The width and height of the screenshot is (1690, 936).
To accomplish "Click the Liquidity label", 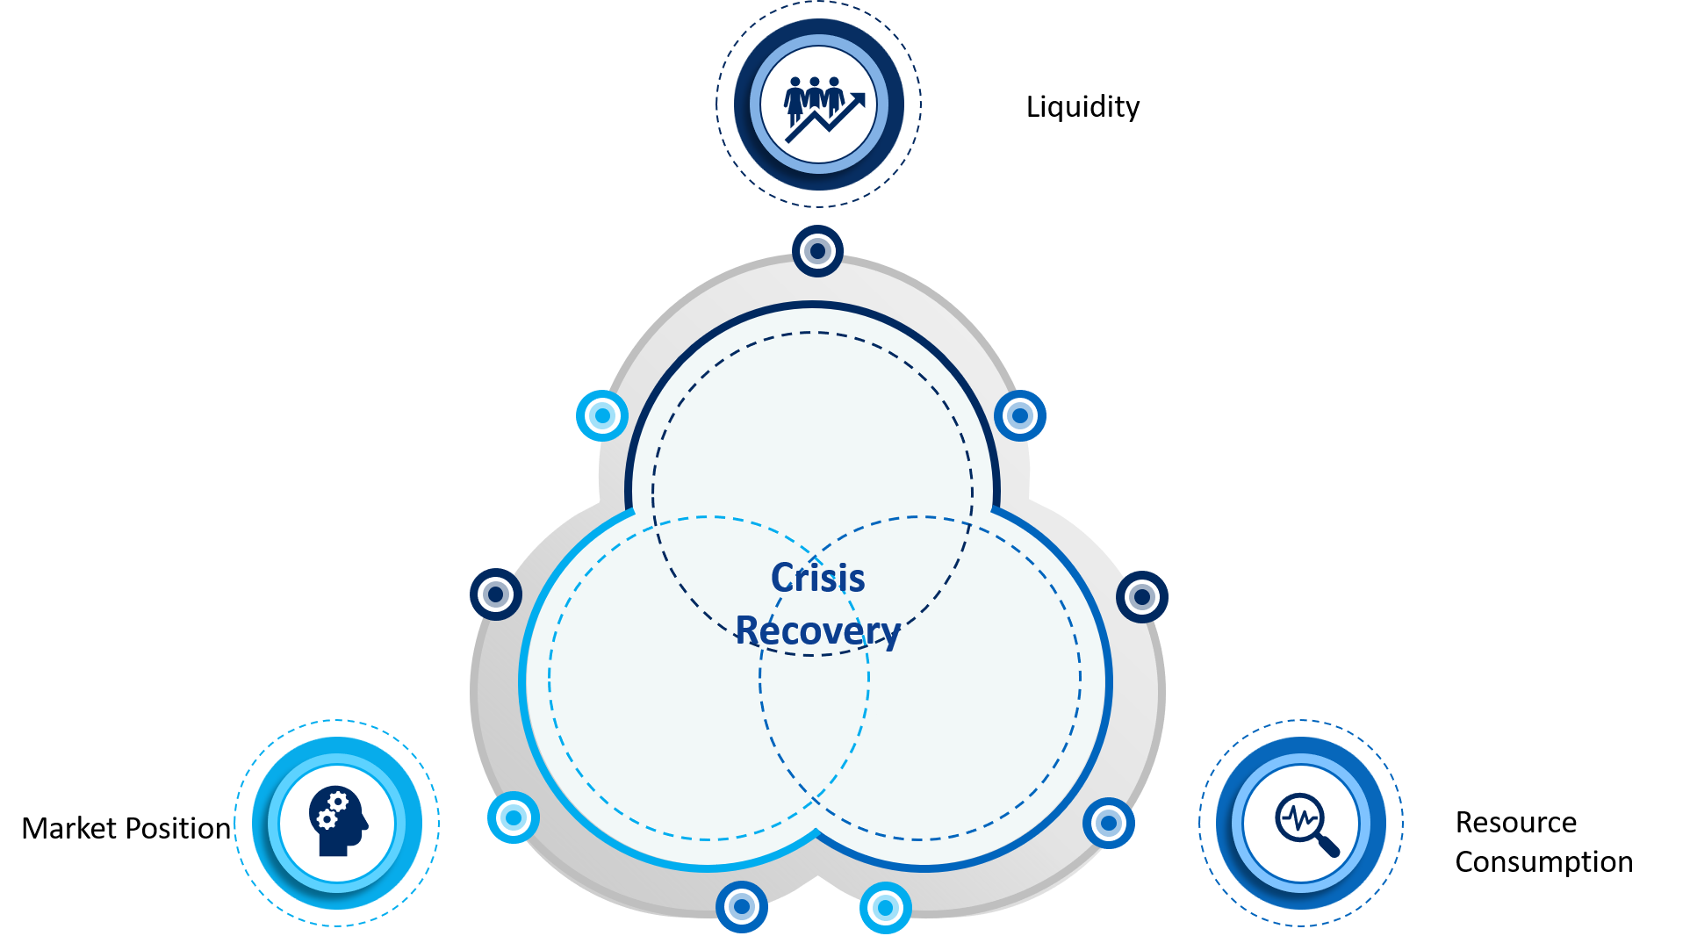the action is click(x=1082, y=107).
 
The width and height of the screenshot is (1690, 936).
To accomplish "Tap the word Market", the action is click(x=69, y=828).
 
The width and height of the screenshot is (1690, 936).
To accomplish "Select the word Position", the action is click(x=178, y=828).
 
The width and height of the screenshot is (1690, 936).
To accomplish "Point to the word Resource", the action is click(x=1516, y=822).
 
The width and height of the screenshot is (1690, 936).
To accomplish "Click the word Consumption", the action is click(x=1544, y=862).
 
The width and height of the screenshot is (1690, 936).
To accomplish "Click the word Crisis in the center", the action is click(x=817, y=578).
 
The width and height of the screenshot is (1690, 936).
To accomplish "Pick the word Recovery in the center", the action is click(x=817, y=631).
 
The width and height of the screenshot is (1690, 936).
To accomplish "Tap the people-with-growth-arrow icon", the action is click(x=823, y=108).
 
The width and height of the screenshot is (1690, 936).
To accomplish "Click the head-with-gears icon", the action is click(x=338, y=821).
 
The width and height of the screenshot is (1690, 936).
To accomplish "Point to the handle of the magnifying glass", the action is click(x=1328, y=846).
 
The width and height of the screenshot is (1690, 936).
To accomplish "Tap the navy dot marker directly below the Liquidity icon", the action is click(x=817, y=251).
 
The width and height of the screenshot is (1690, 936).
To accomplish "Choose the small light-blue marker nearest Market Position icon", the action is click(x=514, y=817).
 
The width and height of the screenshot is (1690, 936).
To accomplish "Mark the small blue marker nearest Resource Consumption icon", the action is click(x=1108, y=824).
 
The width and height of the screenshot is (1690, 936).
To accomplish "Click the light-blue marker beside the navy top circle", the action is click(x=602, y=415).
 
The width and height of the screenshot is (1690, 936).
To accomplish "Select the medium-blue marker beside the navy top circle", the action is click(x=1019, y=415).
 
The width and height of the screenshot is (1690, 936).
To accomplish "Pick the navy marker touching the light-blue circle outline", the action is click(x=496, y=594).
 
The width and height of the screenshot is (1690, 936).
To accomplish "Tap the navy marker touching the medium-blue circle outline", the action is click(x=1141, y=597).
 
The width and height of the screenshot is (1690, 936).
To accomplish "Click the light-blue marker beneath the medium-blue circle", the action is click(x=885, y=907).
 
